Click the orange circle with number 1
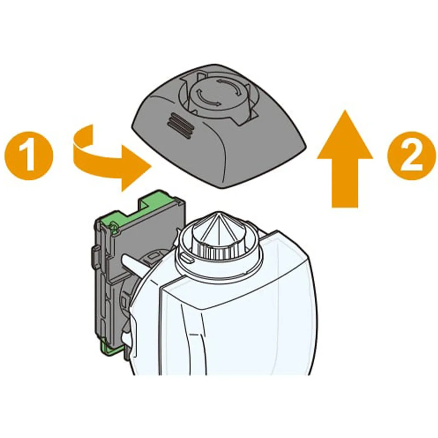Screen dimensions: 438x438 [29, 155]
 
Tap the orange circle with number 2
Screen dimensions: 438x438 [412, 155]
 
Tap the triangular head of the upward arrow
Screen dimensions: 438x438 [345, 134]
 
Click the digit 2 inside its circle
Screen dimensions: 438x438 [412, 155]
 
